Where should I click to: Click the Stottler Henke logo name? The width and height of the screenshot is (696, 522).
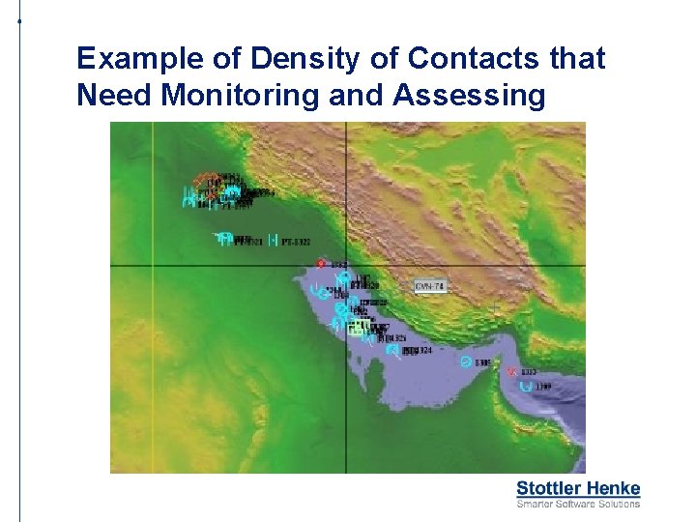578,488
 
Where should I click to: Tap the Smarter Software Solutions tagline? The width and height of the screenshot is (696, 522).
578,504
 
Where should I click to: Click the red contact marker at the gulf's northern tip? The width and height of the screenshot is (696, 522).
322,264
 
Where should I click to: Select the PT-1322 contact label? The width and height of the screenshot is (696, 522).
296,241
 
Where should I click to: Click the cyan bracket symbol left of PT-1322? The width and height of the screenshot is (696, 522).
274,240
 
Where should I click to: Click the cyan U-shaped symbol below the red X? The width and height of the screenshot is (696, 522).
526,386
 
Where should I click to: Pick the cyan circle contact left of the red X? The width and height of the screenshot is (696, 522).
466,362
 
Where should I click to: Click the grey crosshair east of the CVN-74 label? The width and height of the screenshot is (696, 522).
495,308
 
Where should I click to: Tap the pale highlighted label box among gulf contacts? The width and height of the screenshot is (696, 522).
357,328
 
